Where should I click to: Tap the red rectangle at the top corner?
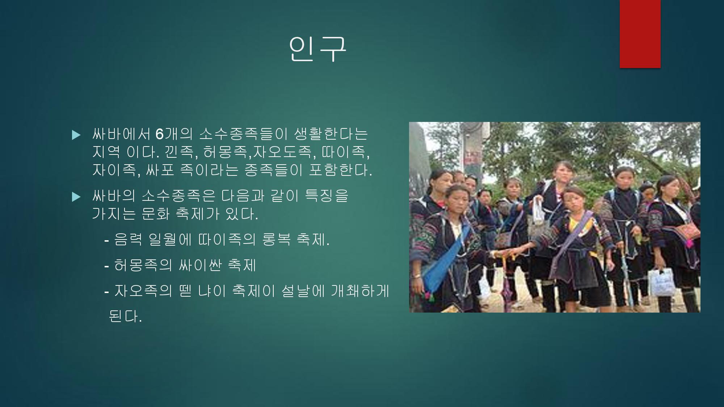pyautogui.click(x=640, y=34)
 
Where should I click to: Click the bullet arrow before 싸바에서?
pyautogui.click(x=76, y=135)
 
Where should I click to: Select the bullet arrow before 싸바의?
pyautogui.click(x=76, y=197)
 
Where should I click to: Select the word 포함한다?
pyautogui.click(x=340, y=170)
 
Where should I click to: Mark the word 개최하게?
pyautogui.click(x=360, y=291)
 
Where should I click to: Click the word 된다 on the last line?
pyautogui.click(x=125, y=317)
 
